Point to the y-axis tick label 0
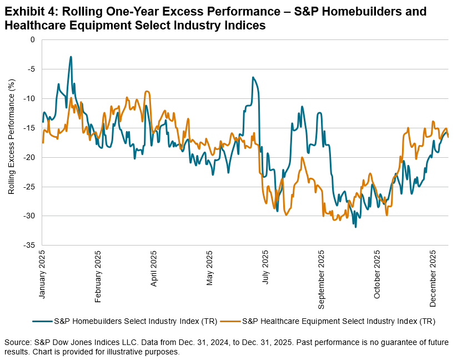33,39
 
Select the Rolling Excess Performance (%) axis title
12,137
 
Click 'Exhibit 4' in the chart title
27,11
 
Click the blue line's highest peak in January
71,57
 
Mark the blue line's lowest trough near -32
355,227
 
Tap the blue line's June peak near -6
253,77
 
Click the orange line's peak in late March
147,91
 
